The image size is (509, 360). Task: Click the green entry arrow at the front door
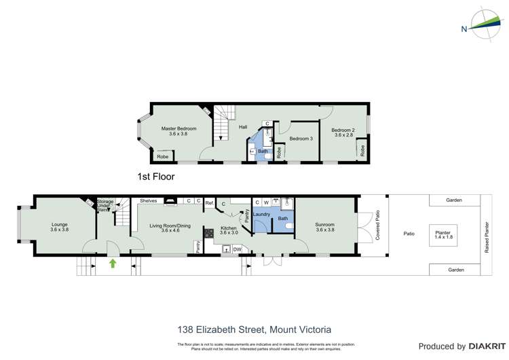(x=113, y=263)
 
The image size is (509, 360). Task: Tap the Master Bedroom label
(x=178, y=131)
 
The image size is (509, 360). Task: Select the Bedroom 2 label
(x=343, y=132)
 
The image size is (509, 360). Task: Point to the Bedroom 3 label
(x=301, y=139)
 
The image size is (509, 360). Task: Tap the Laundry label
(x=262, y=215)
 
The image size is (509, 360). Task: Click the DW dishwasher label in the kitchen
(x=237, y=249)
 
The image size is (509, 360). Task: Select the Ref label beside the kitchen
(x=209, y=202)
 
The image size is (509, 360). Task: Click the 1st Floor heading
(x=156, y=177)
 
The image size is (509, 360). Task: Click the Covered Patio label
(x=378, y=228)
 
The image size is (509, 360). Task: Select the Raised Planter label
(x=487, y=237)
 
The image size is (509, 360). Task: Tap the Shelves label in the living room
(x=149, y=200)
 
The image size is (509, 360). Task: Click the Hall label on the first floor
(x=242, y=126)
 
